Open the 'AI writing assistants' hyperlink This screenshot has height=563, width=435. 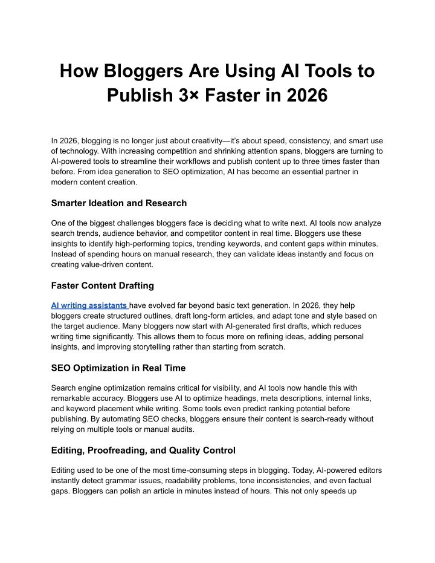[89, 306]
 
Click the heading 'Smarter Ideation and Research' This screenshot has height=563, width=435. [119, 203]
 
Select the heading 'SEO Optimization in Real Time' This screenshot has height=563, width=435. [118, 368]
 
